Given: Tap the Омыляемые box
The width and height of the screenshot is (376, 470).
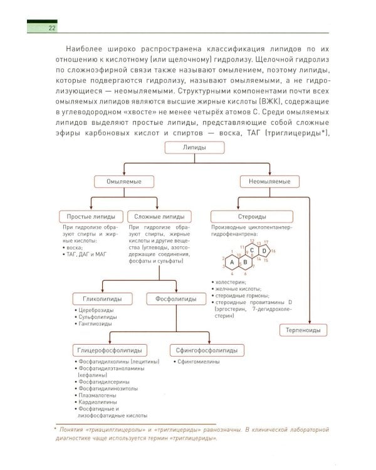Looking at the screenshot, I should tap(124, 181).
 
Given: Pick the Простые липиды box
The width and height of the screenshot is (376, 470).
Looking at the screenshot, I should tap(91, 217).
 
